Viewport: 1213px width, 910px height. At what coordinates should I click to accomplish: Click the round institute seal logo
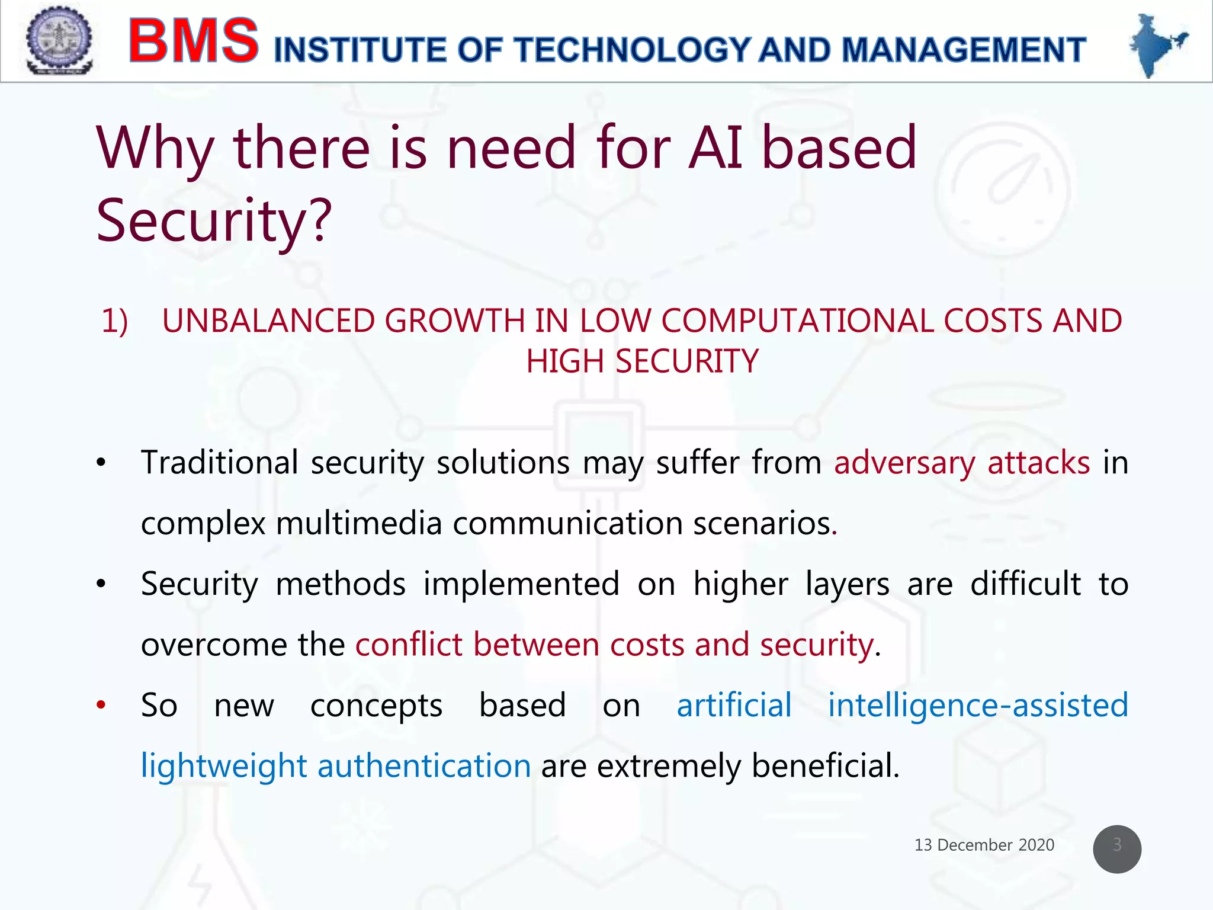click(59, 40)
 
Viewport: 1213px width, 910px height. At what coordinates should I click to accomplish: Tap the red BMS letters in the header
click(194, 41)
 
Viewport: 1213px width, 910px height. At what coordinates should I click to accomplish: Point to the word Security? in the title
click(214, 220)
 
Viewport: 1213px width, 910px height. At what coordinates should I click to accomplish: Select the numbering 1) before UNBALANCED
click(115, 321)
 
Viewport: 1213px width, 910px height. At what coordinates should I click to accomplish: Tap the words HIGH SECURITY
click(642, 361)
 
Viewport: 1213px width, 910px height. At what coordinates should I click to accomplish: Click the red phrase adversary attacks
click(961, 463)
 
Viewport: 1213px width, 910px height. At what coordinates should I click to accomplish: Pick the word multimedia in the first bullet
click(359, 524)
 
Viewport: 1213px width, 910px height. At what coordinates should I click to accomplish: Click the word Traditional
click(219, 463)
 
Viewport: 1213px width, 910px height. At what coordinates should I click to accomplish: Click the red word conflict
click(408, 645)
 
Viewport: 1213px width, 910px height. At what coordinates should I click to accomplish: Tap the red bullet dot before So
click(101, 705)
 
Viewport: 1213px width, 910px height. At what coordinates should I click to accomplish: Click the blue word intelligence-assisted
click(977, 706)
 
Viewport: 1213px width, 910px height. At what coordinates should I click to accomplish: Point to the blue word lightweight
click(223, 767)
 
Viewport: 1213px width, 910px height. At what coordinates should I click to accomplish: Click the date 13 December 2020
click(984, 845)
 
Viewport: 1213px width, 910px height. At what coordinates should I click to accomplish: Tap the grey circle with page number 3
click(1116, 848)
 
